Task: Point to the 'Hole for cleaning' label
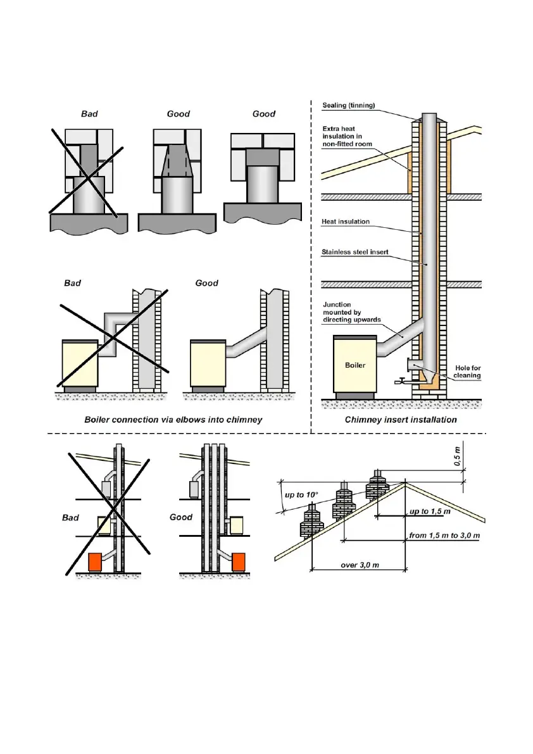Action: (468, 371)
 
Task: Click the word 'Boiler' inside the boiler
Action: (355, 365)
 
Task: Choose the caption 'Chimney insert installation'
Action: (400, 419)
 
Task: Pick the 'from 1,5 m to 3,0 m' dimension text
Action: (444, 536)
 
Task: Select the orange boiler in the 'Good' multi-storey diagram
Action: (239, 562)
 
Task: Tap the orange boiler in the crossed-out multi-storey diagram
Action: (96, 562)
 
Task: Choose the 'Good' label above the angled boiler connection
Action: (206, 283)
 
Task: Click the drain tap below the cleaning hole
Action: (399, 381)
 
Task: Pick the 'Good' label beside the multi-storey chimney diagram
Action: (181, 517)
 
